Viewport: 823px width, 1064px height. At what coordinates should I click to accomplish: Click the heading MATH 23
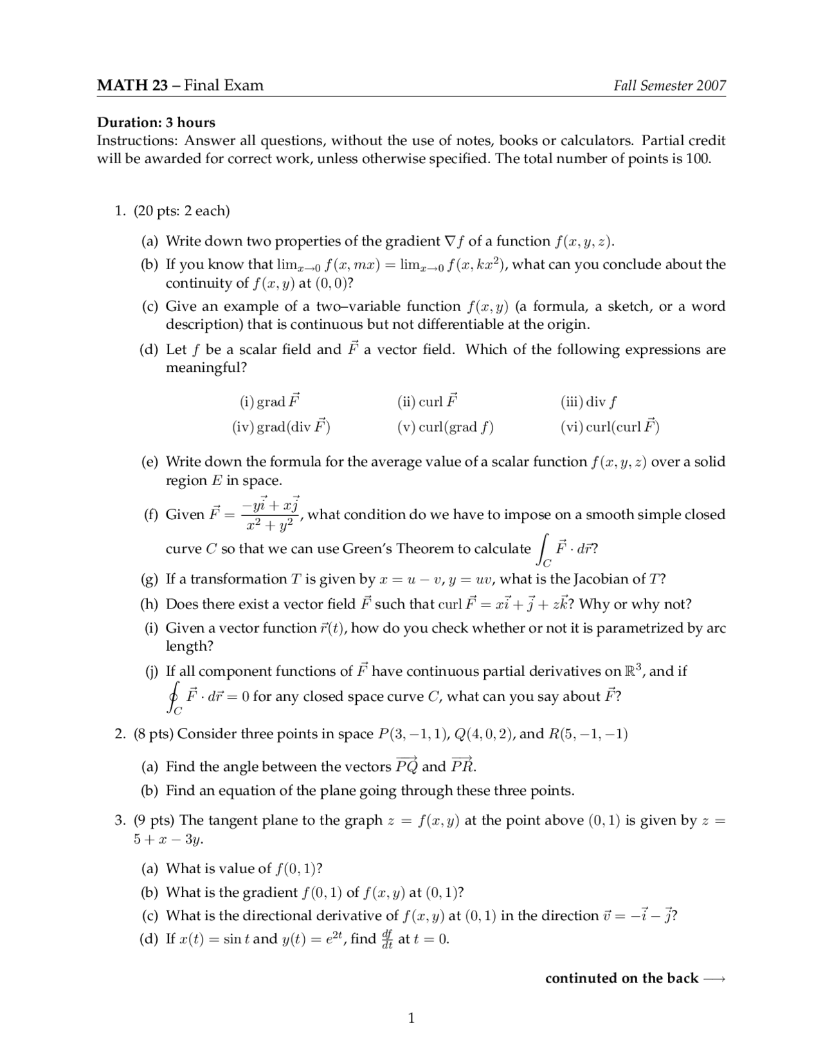point(132,85)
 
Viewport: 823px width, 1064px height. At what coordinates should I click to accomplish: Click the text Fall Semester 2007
point(669,85)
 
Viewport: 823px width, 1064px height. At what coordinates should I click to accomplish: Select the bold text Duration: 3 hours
point(156,122)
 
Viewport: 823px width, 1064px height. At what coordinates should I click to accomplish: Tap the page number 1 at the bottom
point(411,1018)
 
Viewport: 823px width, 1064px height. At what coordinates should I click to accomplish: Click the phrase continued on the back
point(622,978)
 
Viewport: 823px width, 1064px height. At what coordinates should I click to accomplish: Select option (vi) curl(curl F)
point(610,427)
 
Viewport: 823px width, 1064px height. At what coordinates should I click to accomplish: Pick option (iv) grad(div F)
point(281,427)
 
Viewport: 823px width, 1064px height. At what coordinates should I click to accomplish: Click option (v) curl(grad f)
point(445,427)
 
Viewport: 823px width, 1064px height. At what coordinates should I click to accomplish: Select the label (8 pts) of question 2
point(154,734)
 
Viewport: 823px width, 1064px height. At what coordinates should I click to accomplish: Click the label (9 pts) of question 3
point(154,820)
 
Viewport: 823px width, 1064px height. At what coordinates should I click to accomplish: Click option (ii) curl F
point(428,402)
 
